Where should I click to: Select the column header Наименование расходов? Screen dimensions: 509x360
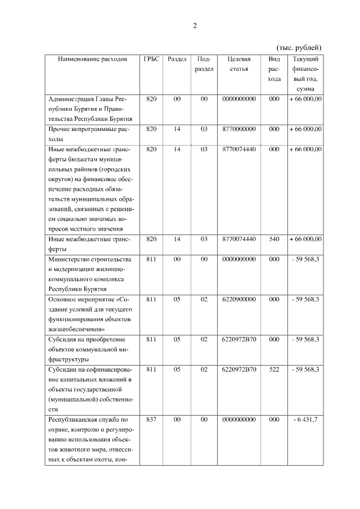coord(92,59)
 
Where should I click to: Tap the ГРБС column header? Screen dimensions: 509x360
coord(151,59)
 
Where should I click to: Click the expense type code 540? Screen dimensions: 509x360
coord(274,239)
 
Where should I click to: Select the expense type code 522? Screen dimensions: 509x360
coord(274,370)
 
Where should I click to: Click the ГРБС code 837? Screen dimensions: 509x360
coord(151,420)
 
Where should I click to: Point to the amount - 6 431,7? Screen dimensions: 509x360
coord(305,420)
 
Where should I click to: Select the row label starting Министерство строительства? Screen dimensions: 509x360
coord(89,273)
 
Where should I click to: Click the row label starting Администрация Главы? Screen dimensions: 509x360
coord(90,109)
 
